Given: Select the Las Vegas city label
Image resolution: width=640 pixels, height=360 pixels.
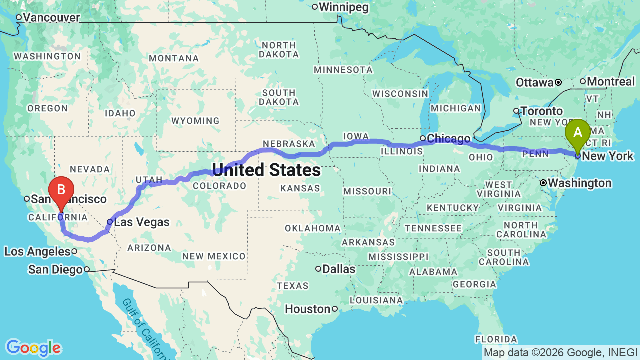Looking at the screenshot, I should click(x=142, y=222).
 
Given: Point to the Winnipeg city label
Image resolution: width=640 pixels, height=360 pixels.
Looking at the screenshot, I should click(x=343, y=7).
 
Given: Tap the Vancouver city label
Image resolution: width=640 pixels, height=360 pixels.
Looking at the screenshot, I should click(x=51, y=18).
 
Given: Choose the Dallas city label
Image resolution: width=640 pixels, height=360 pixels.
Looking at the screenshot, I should click(x=339, y=269).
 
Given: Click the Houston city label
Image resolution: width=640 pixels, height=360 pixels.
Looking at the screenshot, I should click(x=307, y=309).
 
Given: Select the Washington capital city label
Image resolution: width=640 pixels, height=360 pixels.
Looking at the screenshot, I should click(x=579, y=183).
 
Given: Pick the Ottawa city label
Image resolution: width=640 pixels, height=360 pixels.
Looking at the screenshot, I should click(x=534, y=82).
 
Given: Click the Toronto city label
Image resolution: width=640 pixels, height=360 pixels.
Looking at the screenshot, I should click(x=541, y=111).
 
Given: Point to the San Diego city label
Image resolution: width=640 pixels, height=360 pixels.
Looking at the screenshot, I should click(x=55, y=270).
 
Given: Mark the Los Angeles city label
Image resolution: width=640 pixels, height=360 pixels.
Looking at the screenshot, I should click(x=37, y=251).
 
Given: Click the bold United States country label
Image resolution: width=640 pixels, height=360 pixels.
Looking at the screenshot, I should click(x=266, y=170).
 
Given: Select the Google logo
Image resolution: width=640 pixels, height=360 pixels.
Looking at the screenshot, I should click(x=33, y=348).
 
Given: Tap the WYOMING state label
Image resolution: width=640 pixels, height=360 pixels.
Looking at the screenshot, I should click(x=195, y=121).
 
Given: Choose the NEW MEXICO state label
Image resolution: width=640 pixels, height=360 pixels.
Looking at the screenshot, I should click(x=214, y=256).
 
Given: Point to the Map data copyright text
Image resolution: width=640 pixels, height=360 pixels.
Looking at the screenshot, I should click(x=560, y=352).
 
